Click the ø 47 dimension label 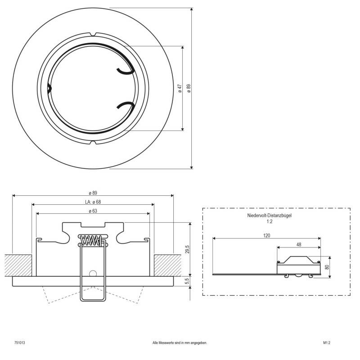click(180, 88)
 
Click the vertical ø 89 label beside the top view click(189, 88)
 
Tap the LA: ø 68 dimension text click(92, 202)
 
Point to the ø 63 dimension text click(92, 211)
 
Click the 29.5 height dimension click(187, 249)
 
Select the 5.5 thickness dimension click(187, 281)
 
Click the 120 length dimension click(267, 235)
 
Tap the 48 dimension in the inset click(299, 245)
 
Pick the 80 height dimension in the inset click(333, 266)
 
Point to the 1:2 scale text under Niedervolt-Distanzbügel click(270, 222)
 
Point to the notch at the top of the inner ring click(93, 35)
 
